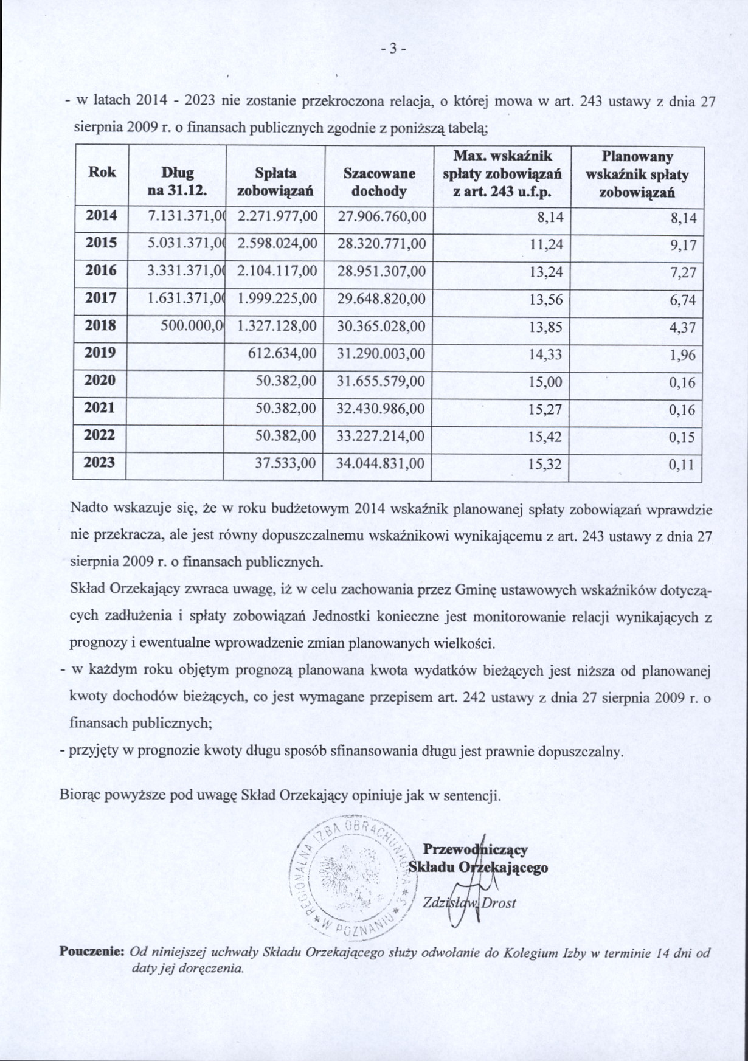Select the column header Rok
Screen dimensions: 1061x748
(x=102, y=172)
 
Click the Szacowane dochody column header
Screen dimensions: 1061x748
(x=379, y=182)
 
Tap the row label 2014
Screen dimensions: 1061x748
(x=101, y=215)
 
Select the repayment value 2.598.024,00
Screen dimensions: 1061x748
(x=277, y=244)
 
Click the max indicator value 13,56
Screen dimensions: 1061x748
(x=546, y=300)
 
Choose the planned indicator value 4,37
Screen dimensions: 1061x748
(x=682, y=328)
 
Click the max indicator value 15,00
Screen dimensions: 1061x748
(x=546, y=382)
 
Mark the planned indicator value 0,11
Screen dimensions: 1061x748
(x=682, y=465)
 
